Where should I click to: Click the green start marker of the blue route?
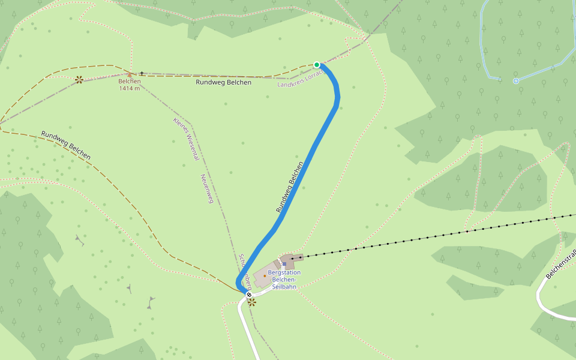317,65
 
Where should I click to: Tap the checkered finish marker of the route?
249,295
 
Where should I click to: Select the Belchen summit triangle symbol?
130,75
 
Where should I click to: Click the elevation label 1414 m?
130,88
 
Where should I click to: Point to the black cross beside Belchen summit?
142,73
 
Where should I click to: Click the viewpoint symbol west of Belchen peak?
79,79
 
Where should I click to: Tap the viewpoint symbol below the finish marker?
252,302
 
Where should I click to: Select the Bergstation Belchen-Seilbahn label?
284,280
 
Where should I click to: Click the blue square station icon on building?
284,264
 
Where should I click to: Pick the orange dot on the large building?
265,276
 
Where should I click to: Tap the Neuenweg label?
207,188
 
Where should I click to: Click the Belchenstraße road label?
561,263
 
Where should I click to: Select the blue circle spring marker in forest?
515,81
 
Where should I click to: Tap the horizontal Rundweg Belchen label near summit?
223,82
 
